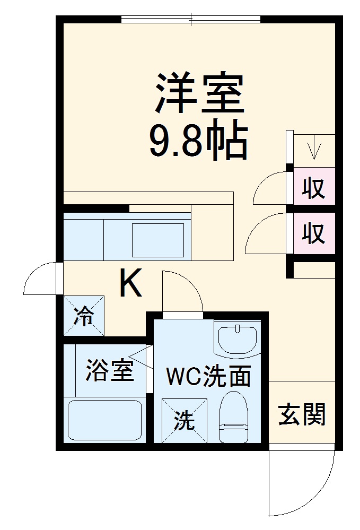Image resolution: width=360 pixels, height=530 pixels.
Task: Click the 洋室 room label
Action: [199, 94]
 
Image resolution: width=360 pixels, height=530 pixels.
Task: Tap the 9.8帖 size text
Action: [199, 142]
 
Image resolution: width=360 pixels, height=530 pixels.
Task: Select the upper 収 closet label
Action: [313, 188]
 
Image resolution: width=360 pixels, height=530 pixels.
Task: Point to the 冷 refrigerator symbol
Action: [84, 317]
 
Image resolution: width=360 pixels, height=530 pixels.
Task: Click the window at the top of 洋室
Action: [191, 20]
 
